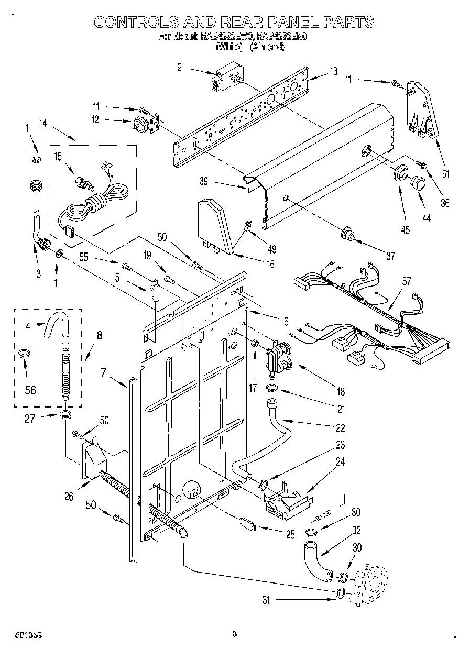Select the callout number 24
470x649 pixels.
point(341,462)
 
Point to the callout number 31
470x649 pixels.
point(267,601)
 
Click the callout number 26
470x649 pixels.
point(69,497)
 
